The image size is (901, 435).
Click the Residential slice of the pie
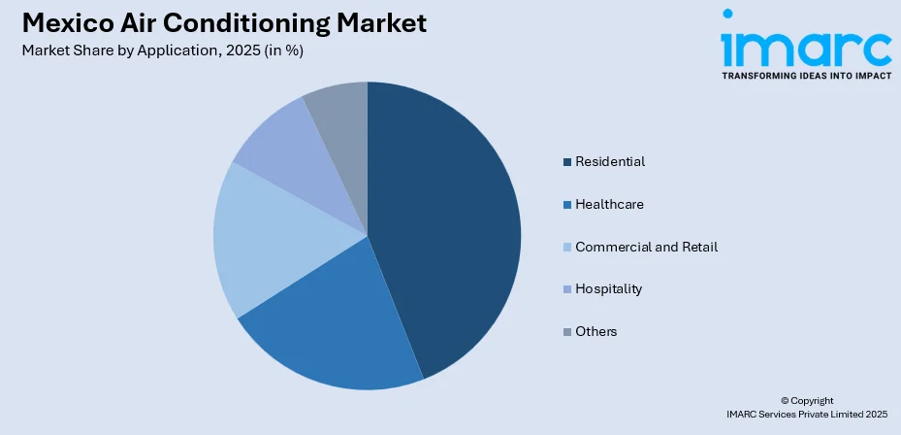pos(446,223)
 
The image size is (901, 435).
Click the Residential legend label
pos(609,161)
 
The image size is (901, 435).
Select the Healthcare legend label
pos(609,204)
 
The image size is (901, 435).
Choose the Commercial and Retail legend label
pos(646,247)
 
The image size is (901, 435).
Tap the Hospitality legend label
pos(608,288)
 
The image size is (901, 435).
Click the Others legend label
pos(595,331)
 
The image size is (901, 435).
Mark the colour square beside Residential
pos(566,162)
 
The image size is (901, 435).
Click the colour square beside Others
pos(566,332)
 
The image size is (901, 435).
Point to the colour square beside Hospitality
pos(566,289)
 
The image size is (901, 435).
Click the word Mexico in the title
pos(61,24)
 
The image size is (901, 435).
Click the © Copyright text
pos(806,400)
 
